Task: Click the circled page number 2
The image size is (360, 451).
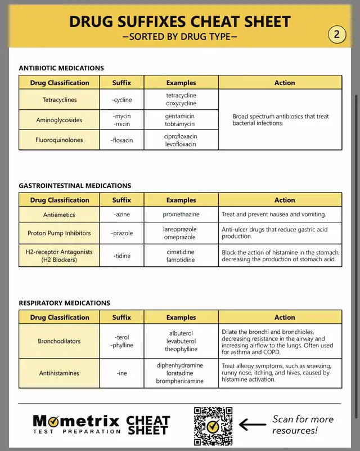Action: pos(336,35)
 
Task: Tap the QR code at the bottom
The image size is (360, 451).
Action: pos(213,426)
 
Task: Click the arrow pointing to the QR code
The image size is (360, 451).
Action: pos(253,425)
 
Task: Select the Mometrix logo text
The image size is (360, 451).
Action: pos(76,424)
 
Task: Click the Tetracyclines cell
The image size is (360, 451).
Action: pos(60,100)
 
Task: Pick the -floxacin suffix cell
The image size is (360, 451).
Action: pos(122,140)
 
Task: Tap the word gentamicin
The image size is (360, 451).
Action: pos(180,116)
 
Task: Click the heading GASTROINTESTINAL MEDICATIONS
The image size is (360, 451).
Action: pos(75,186)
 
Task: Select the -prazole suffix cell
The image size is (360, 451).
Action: pos(122,233)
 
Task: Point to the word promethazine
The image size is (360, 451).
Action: pos(181,215)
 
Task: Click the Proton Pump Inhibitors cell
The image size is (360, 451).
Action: pos(59,233)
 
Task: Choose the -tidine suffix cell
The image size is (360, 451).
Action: pos(122,256)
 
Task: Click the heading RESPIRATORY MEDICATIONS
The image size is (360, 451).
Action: pos(65,303)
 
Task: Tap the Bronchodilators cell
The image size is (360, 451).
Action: pos(59,341)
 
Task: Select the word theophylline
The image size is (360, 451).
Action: pos(181,349)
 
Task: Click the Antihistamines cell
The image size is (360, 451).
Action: pos(59,373)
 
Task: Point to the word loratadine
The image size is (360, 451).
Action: pos(181,373)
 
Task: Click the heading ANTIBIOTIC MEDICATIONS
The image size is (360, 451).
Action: pos(61,68)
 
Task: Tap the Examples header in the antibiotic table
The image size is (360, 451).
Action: pos(181,83)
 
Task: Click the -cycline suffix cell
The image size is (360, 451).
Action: pos(122,100)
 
